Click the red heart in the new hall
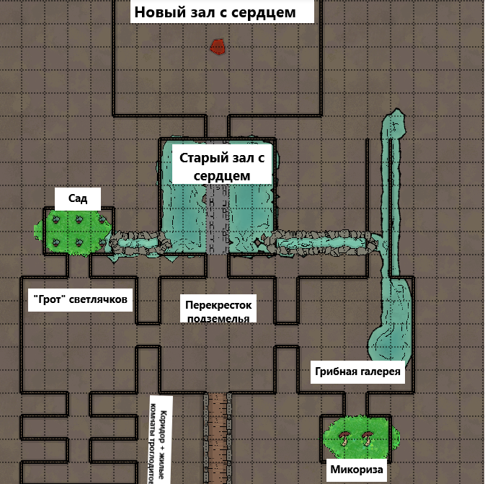218,47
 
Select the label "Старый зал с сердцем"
222,167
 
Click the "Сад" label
78,198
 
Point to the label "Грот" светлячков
80,299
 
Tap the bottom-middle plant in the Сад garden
79,241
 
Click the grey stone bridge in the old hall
217,216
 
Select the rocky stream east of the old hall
324,240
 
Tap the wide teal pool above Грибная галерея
393,317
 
